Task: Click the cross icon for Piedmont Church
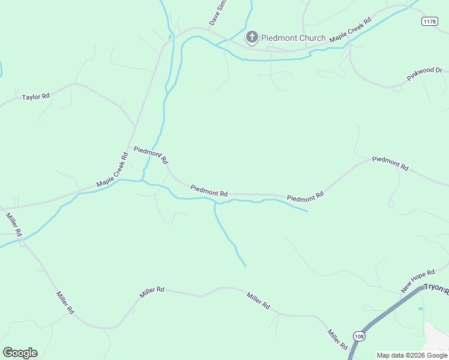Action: [252, 38]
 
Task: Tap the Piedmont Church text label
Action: [294, 38]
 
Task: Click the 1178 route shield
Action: [429, 21]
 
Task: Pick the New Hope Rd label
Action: [418, 278]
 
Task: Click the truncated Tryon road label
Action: [436, 289]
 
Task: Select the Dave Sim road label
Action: [218, 13]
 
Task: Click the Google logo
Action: [20, 353]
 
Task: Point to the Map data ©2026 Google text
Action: [412, 355]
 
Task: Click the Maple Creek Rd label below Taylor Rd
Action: [113, 170]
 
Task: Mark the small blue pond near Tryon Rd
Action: [420, 308]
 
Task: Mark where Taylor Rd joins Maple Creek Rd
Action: [135, 127]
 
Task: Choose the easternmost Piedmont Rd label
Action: [390, 163]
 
